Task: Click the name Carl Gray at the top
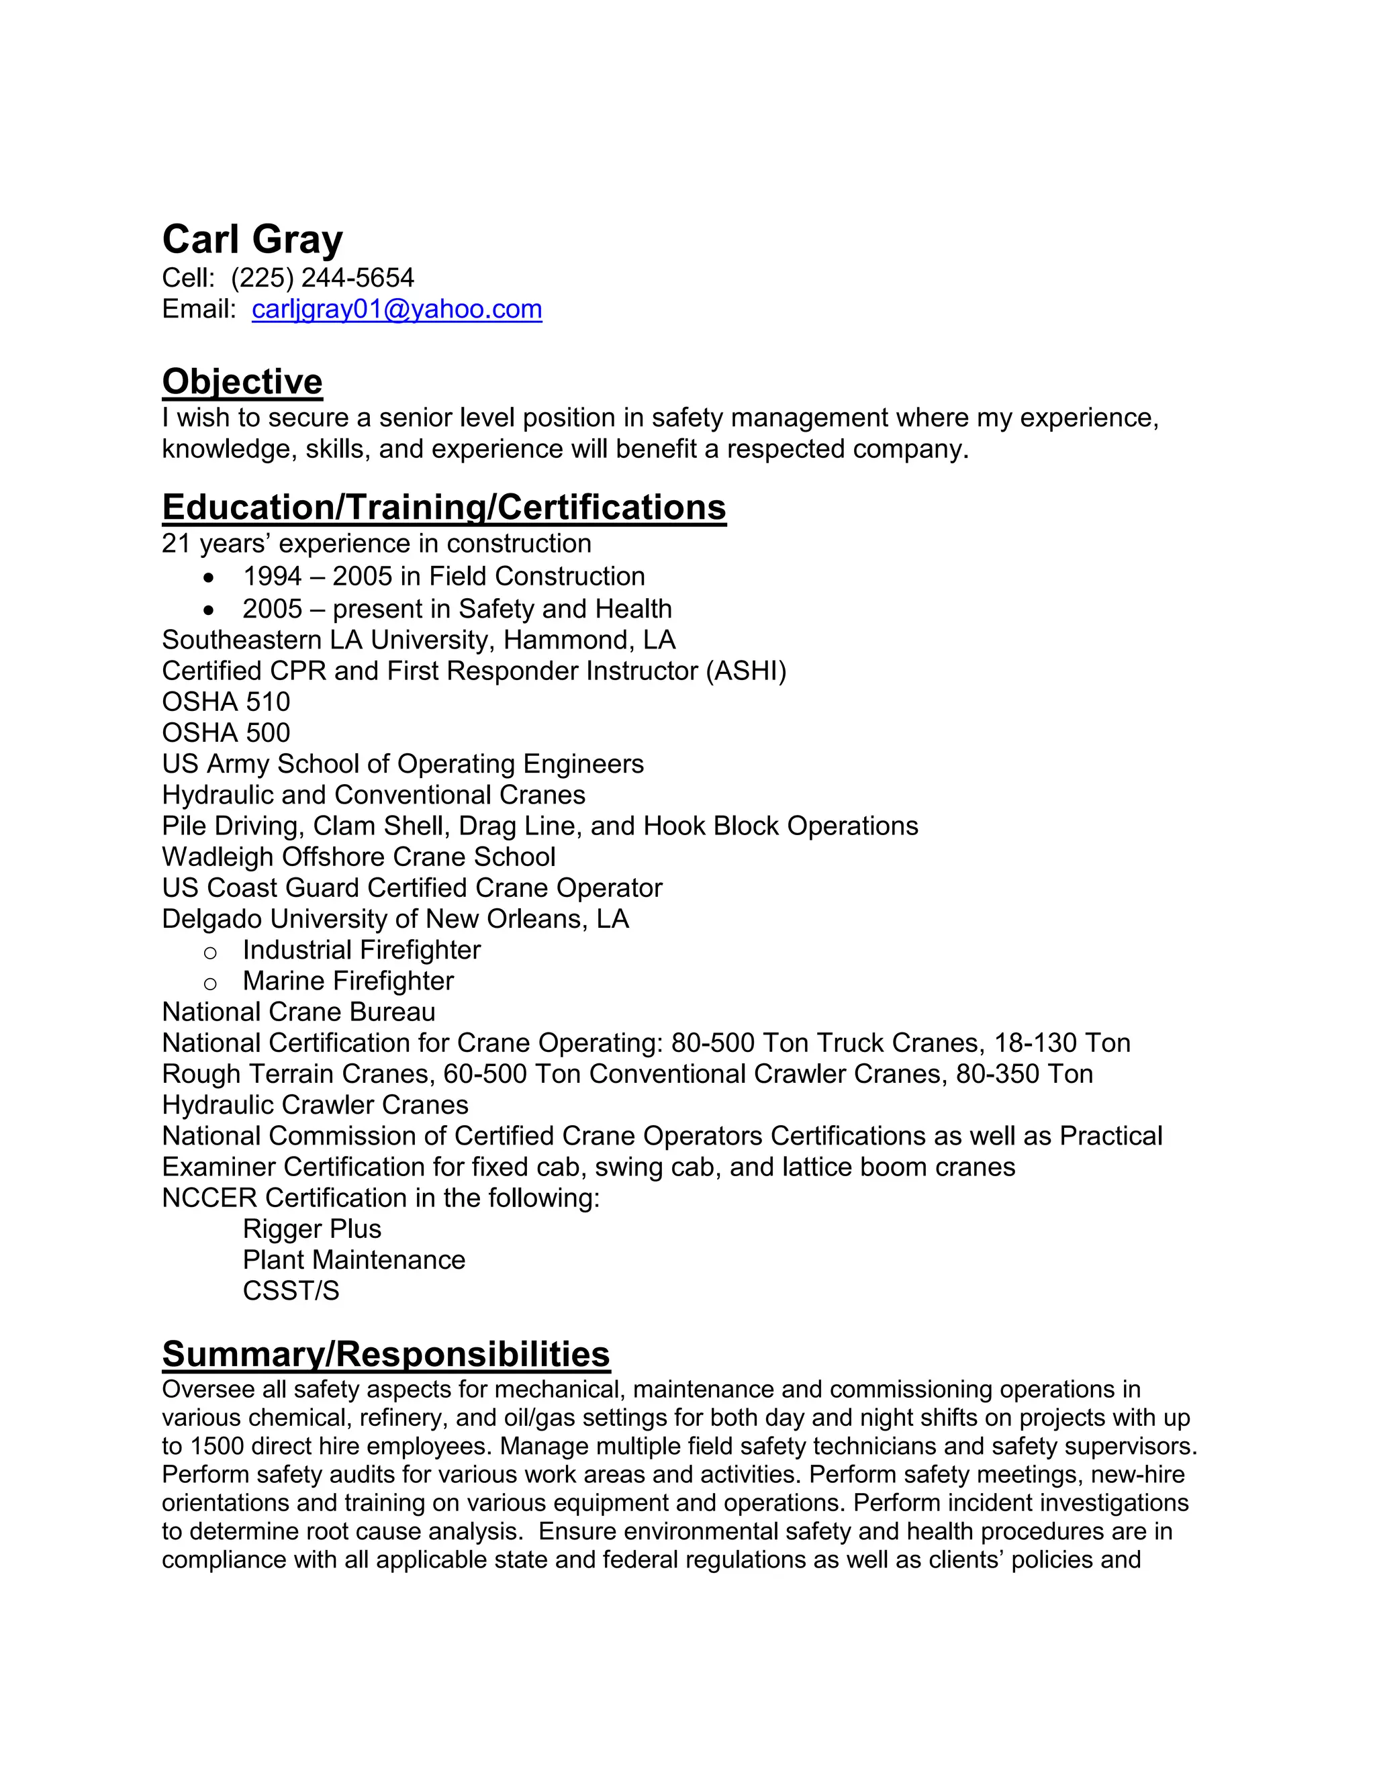tap(252, 240)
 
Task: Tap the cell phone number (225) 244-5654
tap(322, 278)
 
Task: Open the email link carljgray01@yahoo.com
tap(397, 309)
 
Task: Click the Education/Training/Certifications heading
tap(444, 508)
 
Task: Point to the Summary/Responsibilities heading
tap(385, 1354)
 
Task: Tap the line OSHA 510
tap(226, 702)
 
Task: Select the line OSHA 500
tap(226, 733)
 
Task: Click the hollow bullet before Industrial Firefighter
tap(210, 952)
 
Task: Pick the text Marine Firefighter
tap(348, 981)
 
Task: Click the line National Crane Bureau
tap(298, 1012)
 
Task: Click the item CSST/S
tap(290, 1290)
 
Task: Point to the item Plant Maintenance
tap(354, 1259)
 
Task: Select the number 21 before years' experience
tap(176, 544)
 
